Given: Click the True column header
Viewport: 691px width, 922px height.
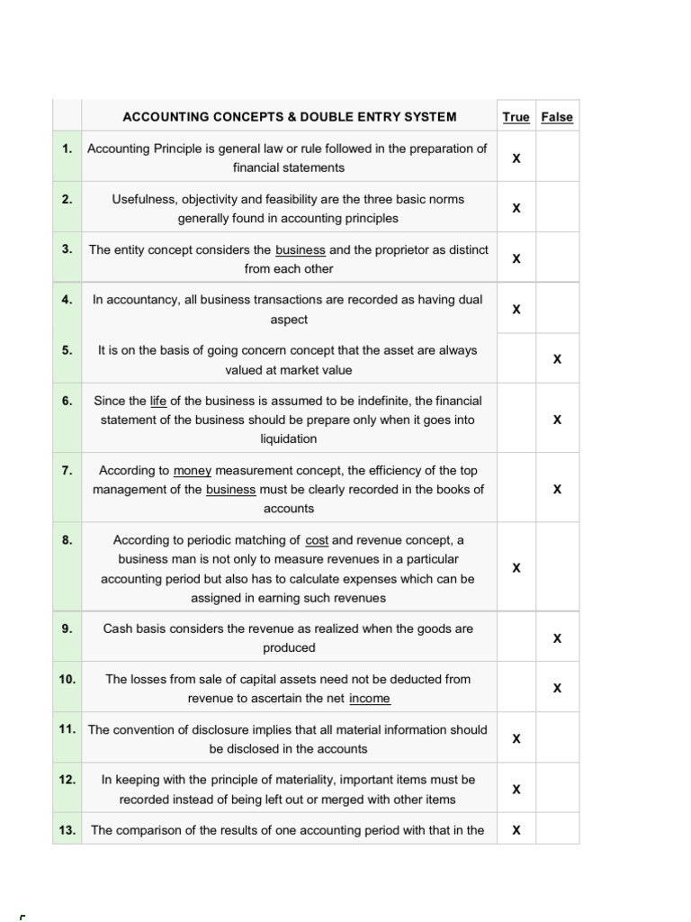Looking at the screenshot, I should click(x=516, y=117).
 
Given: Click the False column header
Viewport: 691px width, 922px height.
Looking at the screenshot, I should click(x=557, y=117).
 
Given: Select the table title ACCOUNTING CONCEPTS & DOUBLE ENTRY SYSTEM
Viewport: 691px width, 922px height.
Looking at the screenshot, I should click(x=289, y=117).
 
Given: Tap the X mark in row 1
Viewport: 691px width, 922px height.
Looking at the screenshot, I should click(x=516, y=158).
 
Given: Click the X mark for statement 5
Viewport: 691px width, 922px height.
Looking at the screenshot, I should click(x=557, y=359).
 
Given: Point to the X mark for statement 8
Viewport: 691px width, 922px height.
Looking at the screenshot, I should click(x=516, y=568).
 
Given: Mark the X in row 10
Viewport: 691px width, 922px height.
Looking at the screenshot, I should click(x=557, y=689).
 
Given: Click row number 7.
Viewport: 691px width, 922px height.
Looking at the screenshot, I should click(x=67, y=470).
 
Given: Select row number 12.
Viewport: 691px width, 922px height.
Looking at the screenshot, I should click(x=67, y=780).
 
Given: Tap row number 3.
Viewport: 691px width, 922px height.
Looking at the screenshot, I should click(x=67, y=249).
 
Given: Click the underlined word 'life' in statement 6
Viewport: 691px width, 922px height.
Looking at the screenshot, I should click(x=158, y=401).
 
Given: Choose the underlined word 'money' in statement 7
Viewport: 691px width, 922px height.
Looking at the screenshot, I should click(x=192, y=470).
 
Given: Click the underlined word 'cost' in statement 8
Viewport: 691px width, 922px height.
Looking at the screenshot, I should click(x=317, y=540).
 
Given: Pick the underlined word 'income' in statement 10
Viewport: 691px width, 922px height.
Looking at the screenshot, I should click(x=370, y=699).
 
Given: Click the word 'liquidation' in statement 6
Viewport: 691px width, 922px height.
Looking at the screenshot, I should click(x=289, y=439).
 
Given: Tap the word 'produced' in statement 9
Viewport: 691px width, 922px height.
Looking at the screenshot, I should click(x=289, y=648).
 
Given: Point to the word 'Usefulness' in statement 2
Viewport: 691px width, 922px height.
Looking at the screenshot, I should click(x=143, y=199).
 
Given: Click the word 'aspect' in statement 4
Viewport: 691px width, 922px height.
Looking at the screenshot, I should click(x=289, y=320).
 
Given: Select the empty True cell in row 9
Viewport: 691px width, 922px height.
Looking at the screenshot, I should click(x=516, y=637).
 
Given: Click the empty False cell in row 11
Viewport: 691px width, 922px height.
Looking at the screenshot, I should click(x=557, y=738).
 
